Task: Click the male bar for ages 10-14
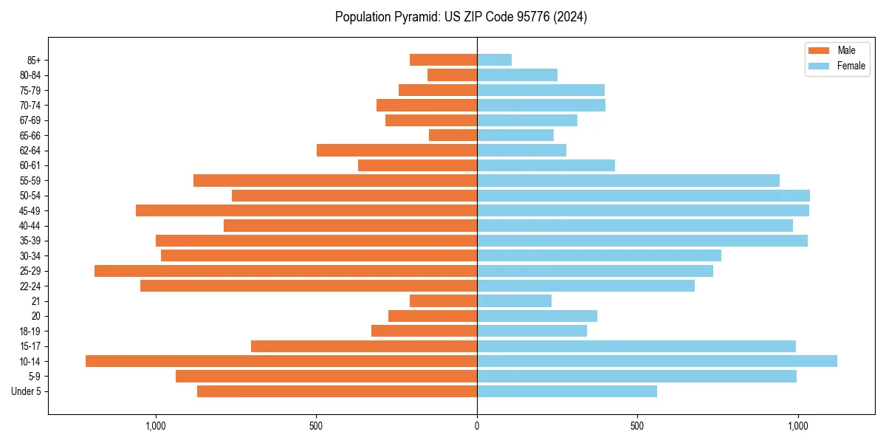[x=281, y=361]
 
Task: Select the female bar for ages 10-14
[x=657, y=361]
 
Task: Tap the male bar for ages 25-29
[x=286, y=271]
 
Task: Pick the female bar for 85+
[x=494, y=60]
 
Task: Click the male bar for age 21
[x=443, y=301]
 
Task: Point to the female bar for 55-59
[x=628, y=180]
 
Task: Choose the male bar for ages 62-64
[x=396, y=151]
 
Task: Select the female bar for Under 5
[x=566, y=391]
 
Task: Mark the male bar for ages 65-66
[x=453, y=135]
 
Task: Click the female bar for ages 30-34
[x=599, y=255]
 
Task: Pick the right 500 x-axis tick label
[x=636, y=427]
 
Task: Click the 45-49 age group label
[x=30, y=210]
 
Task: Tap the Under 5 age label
[x=27, y=391]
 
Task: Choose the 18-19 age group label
[x=30, y=332]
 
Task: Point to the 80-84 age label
[x=30, y=75]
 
